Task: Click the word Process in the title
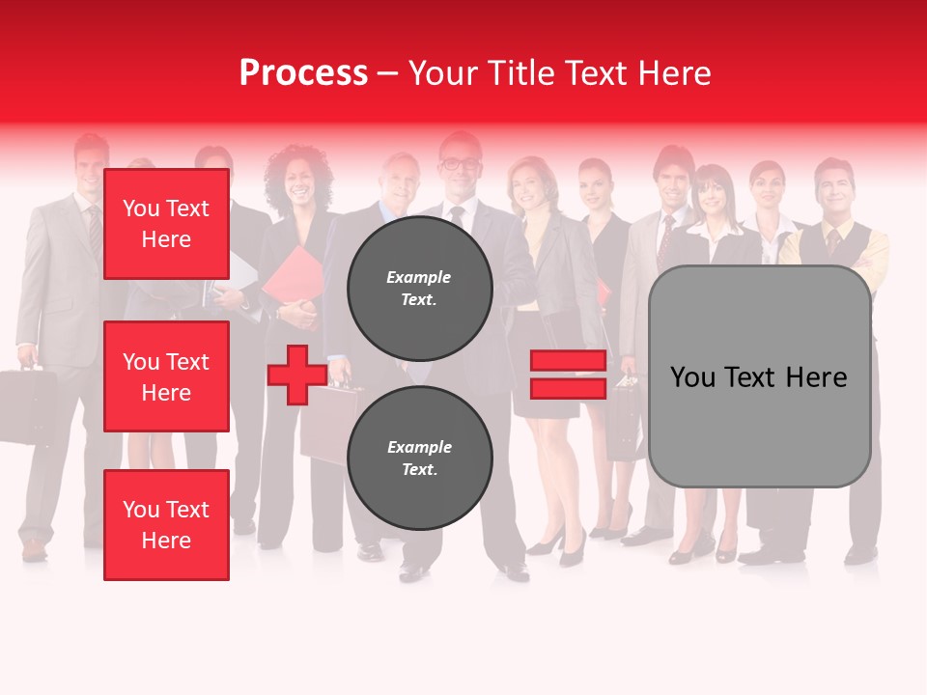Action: pyautogui.click(x=303, y=73)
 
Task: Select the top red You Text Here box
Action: pyautogui.click(x=166, y=224)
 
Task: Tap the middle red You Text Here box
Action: pyautogui.click(x=166, y=376)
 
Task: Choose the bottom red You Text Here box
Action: pyautogui.click(x=166, y=524)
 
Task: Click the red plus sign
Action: pyautogui.click(x=296, y=375)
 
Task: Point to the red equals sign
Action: pyautogui.click(x=568, y=375)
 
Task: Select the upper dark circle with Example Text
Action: pyautogui.click(x=419, y=288)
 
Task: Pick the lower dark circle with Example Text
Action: pyautogui.click(x=419, y=458)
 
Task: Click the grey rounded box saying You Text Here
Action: pyautogui.click(x=759, y=376)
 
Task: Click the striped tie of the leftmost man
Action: pyautogui.click(x=95, y=228)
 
